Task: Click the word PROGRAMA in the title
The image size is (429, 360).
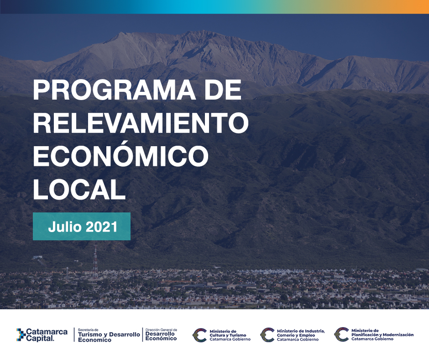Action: point(115,90)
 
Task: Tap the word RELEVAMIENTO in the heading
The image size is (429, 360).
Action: point(141,122)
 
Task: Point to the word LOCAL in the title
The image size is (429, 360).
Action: point(79,189)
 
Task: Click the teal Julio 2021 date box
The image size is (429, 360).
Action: point(82,226)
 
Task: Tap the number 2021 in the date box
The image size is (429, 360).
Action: point(101,227)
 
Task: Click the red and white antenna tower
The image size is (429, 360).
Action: point(95,262)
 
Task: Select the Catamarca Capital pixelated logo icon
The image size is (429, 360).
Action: point(21,334)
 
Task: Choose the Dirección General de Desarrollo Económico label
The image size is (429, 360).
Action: point(161,334)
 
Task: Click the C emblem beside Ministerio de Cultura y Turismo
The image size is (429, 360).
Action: point(199,335)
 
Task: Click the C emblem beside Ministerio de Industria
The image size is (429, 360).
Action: point(267,335)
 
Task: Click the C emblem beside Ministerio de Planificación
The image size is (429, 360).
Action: point(341,334)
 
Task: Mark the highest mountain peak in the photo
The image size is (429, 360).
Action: point(120,33)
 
